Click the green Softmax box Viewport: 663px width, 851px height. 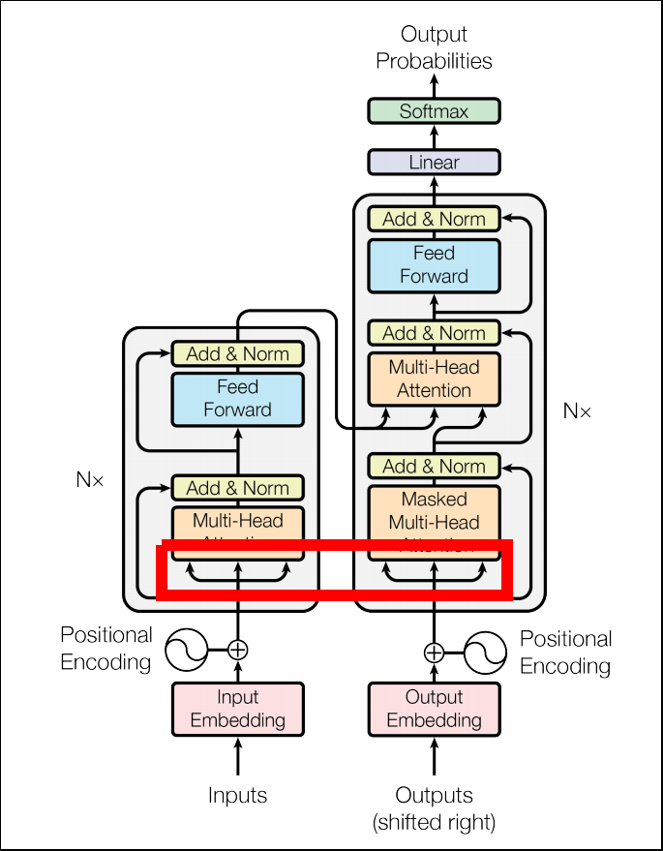[434, 111]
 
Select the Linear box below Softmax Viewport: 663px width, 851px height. [434, 162]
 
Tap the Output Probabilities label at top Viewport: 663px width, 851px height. [434, 48]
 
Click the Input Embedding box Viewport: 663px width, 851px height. [237, 709]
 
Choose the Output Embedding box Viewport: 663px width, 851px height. [434, 709]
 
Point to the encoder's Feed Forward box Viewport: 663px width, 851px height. [237, 398]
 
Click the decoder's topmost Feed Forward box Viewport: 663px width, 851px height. [434, 264]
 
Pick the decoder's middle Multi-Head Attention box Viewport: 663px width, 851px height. [434, 379]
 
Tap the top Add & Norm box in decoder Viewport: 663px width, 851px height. [434, 219]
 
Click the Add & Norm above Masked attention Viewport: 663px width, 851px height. [434, 466]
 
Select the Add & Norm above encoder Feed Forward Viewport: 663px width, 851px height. [237, 353]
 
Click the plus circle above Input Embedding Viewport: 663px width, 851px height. [237, 650]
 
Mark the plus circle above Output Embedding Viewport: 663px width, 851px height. [434, 652]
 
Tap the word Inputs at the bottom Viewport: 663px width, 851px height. [237, 796]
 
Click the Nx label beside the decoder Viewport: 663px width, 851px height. [577, 410]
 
